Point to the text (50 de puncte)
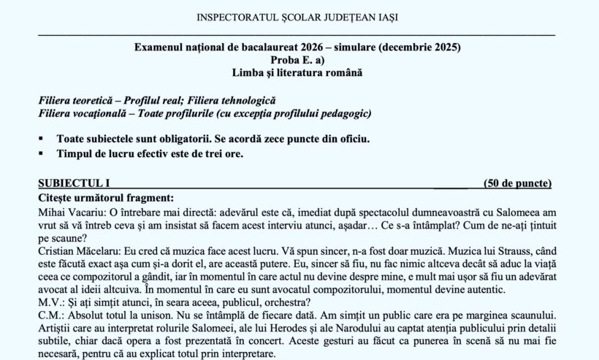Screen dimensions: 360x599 pyautogui.click(x=517, y=183)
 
